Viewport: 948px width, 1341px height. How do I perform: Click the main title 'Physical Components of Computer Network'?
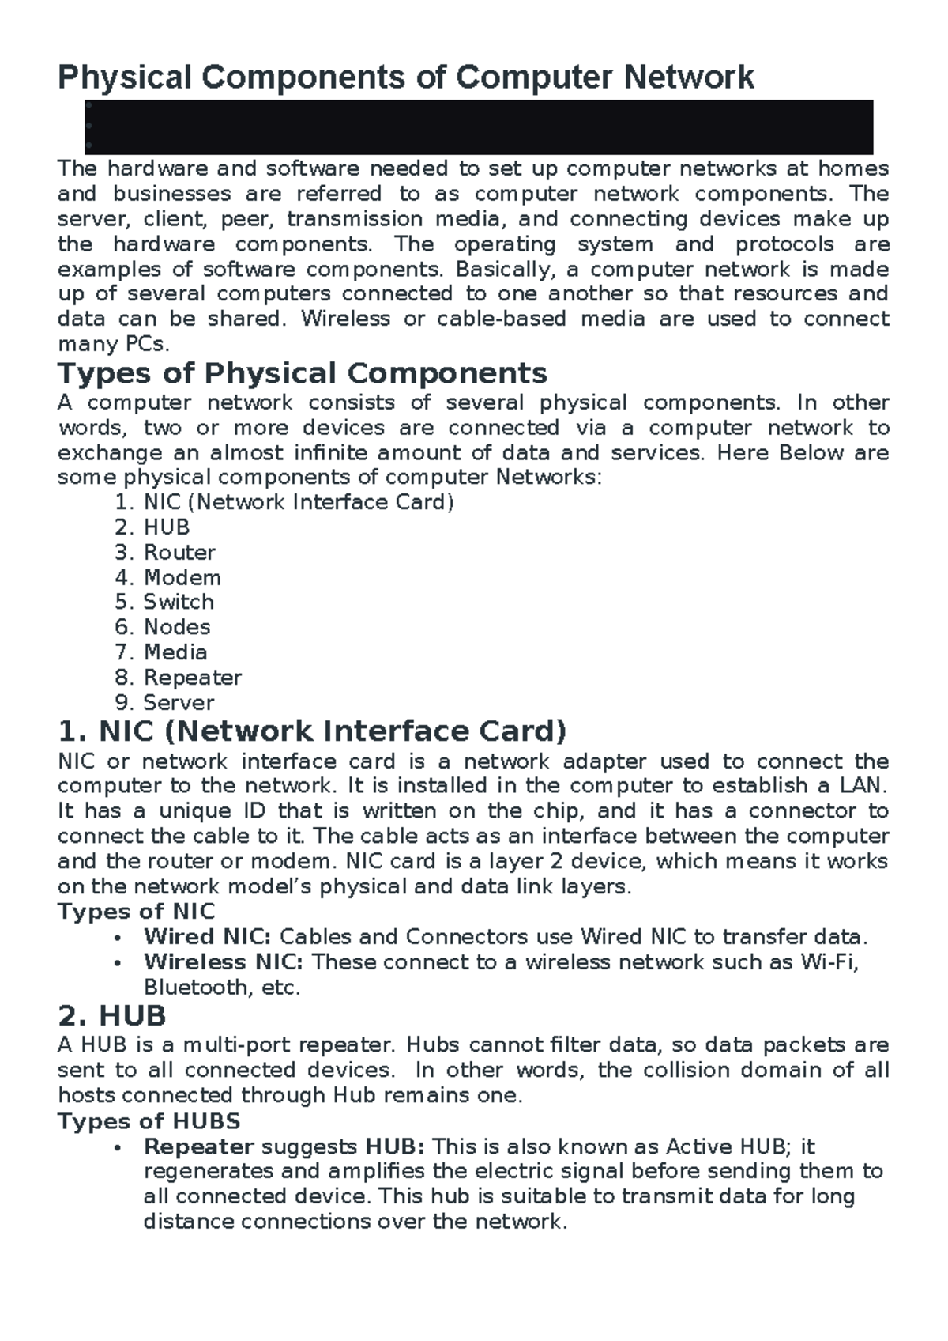[406, 77]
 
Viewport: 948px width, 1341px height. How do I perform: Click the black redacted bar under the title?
[478, 127]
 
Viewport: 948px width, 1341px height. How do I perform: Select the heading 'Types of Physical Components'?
[303, 373]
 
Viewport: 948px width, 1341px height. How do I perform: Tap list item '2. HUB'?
[152, 527]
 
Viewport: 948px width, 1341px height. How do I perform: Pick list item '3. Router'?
[165, 553]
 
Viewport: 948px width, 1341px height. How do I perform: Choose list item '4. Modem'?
[168, 578]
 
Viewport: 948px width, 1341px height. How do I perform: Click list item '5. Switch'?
[164, 603]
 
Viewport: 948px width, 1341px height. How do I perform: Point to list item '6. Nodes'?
[163, 628]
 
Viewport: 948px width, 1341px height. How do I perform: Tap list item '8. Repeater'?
[179, 678]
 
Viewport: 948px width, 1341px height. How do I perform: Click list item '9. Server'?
[165, 703]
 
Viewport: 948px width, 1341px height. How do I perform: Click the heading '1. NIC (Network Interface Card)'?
[313, 731]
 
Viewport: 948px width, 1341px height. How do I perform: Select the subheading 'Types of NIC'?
[136, 912]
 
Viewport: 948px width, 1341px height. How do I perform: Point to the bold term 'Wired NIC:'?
[207, 938]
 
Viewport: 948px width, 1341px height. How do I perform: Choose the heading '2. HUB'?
[112, 1016]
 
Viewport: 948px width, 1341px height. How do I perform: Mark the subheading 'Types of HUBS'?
[149, 1122]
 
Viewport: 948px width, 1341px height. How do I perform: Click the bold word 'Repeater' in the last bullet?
[198, 1147]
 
